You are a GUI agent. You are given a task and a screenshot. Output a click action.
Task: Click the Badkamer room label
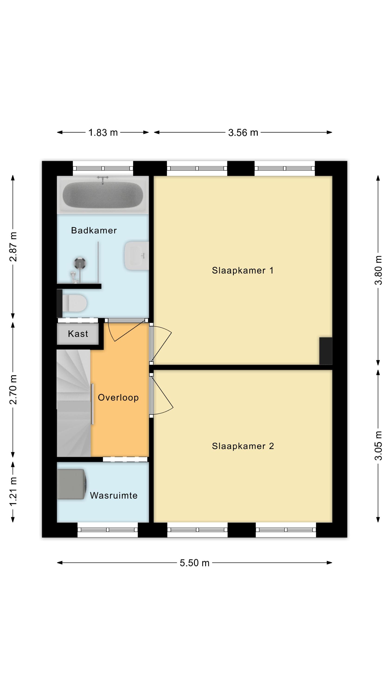pyautogui.click(x=94, y=231)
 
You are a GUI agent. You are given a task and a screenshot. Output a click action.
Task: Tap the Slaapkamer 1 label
pyautogui.click(x=243, y=270)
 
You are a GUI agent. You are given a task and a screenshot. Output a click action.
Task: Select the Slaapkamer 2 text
pyautogui.click(x=243, y=446)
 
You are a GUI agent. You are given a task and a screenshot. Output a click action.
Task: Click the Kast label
pyautogui.click(x=78, y=334)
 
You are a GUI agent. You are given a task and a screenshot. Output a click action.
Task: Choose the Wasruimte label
pyautogui.click(x=114, y=495)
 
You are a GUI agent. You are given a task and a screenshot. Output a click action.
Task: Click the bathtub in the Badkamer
pyautogui.click(x=103, y=195)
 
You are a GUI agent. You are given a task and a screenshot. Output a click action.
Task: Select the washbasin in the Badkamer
pyautogui.click(x=136, y=256)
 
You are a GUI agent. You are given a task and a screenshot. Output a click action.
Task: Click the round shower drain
pyautogui.click(x=80, y=263)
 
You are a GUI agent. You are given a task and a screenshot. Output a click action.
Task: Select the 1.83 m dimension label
pyautogui.click(x=103, y=133)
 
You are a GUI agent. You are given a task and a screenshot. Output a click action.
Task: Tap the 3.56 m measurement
pyautogui.click(x=243, y=133)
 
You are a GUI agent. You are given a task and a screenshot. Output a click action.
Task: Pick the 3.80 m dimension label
pyautogui.click(x=378, y=270)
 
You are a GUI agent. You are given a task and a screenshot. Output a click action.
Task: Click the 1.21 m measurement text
pyautogui.click(x=13, y=491)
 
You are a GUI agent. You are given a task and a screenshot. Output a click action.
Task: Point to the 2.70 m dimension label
pyautogui.click(x=13, y=390)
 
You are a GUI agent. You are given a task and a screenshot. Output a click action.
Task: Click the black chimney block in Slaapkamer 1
pyautogui.click(x=326, y=351)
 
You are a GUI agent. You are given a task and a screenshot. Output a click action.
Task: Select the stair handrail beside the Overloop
pyautogui.click(x=92, y=404)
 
